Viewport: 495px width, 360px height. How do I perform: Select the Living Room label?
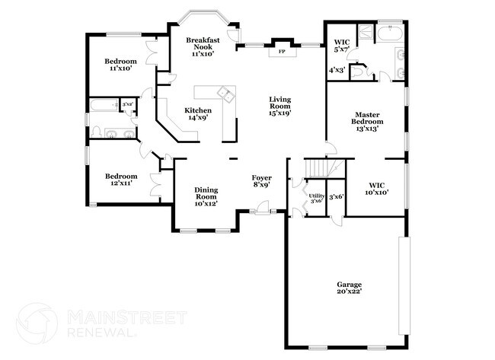(279, 106)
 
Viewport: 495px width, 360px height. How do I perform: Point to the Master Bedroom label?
(366, 122)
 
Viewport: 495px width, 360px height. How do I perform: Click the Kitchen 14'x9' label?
(198, 114)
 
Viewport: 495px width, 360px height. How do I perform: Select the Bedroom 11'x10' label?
(121, 65)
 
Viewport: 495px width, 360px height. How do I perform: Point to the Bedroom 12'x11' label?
(121, 180)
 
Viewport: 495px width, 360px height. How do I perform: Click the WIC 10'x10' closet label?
(378, 188)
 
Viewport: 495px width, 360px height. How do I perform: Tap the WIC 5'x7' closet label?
(341, 45)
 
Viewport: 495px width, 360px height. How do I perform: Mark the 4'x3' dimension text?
(336, 70)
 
